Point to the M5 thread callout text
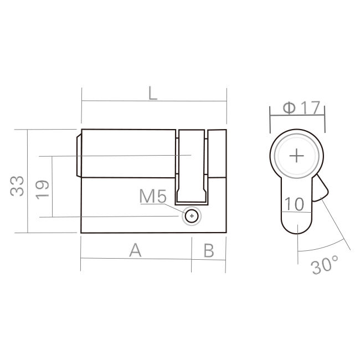point(153,196)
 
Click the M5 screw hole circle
point(192,216)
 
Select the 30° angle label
point(325,265)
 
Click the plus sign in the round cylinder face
point(297,156)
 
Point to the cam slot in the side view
point(192,166)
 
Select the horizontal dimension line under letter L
point(154,101)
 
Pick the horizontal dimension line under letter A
point(136,258)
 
